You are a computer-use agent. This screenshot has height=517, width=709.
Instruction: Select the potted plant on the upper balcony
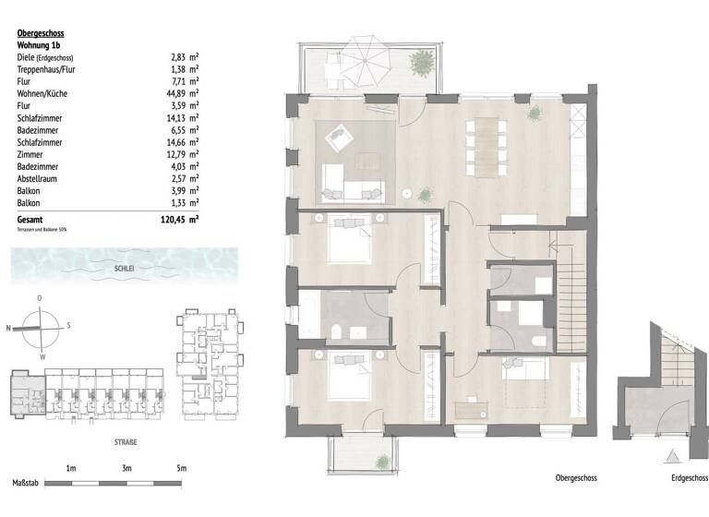coord(422,64)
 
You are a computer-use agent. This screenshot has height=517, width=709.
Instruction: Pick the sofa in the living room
coord(352,191)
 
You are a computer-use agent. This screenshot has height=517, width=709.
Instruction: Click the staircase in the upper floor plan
coord(570,295)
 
